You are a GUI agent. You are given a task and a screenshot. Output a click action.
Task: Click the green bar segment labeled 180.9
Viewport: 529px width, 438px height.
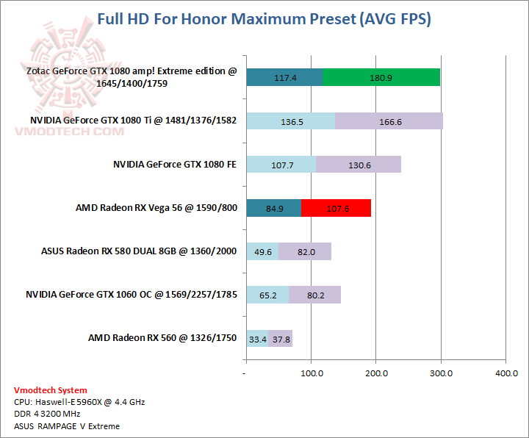[x=381, y=77]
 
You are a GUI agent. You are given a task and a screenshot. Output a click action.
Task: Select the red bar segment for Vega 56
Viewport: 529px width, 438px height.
[x=336, y=208]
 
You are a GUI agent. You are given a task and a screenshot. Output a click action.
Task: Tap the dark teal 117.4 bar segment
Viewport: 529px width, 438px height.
[x=284, y=77]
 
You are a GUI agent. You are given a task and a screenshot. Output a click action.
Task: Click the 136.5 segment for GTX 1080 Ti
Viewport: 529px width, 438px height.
[x=291, y=121]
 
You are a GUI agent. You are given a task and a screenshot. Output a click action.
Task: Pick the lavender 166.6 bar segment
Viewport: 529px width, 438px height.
[x=389, y=121]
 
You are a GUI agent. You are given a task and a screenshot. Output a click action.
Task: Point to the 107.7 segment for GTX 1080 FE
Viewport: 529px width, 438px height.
[x=281, y=165]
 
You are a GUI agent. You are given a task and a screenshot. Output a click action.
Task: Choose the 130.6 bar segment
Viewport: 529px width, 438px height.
[x=359, y=165]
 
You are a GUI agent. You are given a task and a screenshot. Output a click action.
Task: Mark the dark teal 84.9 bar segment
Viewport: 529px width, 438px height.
[x=274, y=208]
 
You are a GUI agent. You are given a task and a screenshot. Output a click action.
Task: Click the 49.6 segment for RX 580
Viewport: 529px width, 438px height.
[x=262, y=251]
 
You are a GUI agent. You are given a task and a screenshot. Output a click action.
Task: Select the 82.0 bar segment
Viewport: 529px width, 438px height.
[x=305, y=251]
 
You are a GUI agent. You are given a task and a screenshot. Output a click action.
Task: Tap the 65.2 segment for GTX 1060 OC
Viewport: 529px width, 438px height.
[x=267, y=295]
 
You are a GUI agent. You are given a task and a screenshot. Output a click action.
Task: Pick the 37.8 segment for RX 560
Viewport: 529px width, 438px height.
[x=281, y=339]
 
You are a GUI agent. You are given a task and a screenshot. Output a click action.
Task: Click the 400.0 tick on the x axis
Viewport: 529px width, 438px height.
[x=505, y=373]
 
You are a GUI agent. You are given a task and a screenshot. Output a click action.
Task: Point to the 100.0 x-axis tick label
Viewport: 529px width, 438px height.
[x=312, y=373]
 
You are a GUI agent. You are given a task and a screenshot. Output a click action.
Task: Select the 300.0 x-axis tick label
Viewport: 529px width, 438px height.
[x=441, y=373]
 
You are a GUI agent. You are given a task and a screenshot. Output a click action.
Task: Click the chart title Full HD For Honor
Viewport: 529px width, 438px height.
[x=264, y=19]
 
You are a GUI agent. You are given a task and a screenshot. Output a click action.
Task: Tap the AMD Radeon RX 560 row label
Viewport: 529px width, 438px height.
[x=162, y=338]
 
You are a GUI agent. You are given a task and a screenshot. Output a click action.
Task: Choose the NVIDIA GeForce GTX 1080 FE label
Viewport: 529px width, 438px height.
[x=175, y=165]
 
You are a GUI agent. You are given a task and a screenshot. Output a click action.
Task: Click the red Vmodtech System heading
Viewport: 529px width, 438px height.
[x=50, y=390]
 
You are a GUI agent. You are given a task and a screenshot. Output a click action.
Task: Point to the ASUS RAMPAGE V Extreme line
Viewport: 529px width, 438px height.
[x=66, y=426]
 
